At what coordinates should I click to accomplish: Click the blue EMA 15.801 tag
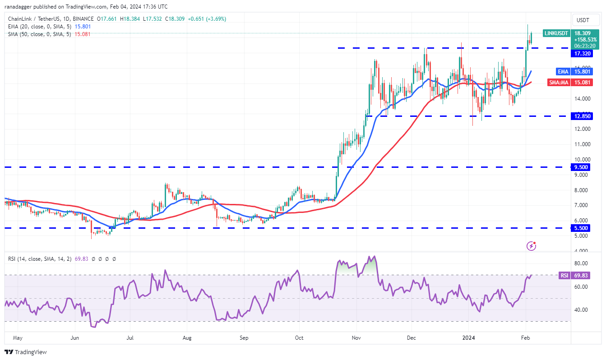tap(580, 71)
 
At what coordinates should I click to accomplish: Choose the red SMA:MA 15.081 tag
tap(580, 83)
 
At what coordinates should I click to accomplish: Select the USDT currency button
tap(583, 20)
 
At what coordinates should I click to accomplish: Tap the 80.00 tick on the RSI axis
tap(581, 263)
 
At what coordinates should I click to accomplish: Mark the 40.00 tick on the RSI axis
tap(581, 310)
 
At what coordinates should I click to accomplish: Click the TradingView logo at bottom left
tap(26, 352)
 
